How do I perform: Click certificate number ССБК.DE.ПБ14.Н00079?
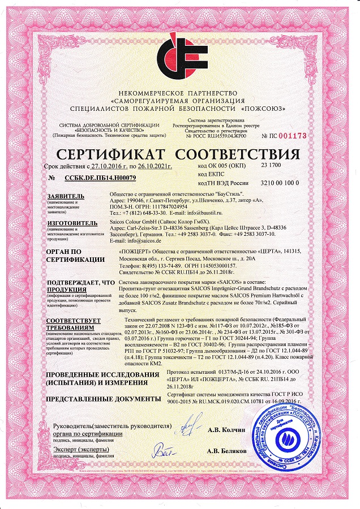coord(100,178)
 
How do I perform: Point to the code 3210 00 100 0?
coord(280,184)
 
